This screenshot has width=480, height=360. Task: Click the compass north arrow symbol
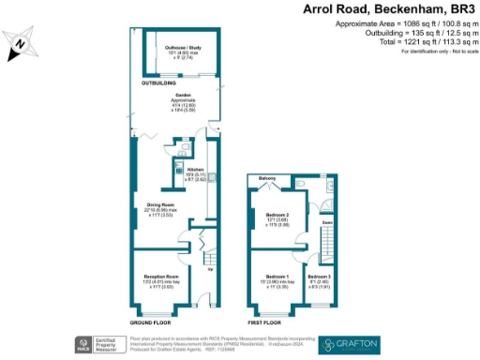pyautogui.click(x=21, y=45)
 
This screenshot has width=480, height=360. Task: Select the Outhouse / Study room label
pyautogui.click(x=183, y=51)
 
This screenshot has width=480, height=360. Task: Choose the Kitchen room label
pyautogui.click(x=195, y=170)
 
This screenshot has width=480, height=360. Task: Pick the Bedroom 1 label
pyautogui.click(x=277, y=279)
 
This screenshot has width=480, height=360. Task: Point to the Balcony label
pyautogui.click(x=266, y=177)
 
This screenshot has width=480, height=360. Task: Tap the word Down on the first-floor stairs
pyautogui.click(x=326, y=223)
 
